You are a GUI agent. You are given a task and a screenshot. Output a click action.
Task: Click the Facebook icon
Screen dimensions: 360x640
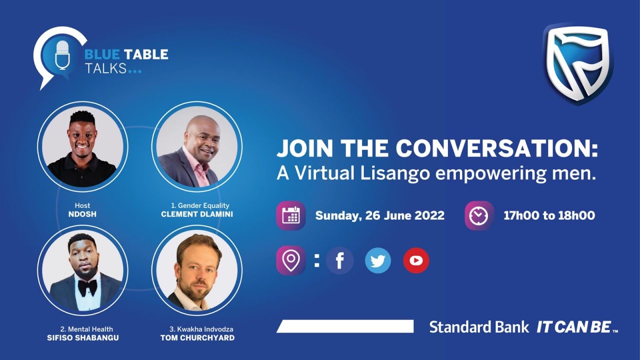340,260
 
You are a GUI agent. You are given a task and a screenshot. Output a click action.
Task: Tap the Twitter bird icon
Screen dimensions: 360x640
378,260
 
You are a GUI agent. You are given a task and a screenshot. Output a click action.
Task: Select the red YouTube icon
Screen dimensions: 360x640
416,260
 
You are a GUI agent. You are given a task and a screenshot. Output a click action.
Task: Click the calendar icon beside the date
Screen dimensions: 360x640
290,215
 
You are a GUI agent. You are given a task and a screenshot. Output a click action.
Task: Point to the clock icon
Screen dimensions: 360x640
479,215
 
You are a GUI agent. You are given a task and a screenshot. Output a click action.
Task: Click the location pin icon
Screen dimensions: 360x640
290,260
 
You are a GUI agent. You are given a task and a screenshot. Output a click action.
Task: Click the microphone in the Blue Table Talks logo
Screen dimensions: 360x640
62,54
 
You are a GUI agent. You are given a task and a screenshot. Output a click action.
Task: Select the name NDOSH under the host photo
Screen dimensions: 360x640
82,214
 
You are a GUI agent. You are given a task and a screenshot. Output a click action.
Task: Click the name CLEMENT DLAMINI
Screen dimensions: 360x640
196,214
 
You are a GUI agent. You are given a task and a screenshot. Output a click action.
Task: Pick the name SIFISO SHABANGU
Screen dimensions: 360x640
82,337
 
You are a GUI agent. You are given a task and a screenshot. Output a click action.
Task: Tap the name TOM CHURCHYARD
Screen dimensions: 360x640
197,337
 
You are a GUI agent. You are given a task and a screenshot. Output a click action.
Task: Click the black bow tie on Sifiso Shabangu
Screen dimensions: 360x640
87,286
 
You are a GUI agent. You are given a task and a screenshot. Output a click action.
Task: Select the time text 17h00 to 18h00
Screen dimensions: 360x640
549,215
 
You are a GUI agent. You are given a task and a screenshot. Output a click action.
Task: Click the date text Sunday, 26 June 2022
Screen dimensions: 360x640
379,215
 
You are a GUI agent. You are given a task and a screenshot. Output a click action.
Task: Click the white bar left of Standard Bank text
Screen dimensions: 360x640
345,326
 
